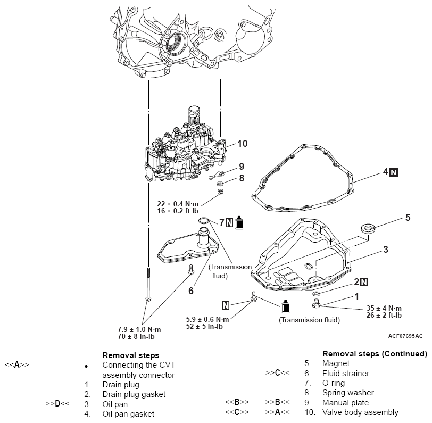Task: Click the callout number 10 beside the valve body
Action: [243, 144]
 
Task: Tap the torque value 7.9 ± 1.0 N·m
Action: [139, 329]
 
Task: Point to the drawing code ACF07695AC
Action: [405, 336]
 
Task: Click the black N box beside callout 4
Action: [394, 172]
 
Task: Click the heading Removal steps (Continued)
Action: [375, 354]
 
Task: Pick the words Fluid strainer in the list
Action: [346, 374]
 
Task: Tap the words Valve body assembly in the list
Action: [361, 412]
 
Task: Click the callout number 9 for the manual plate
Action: [241, 167]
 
